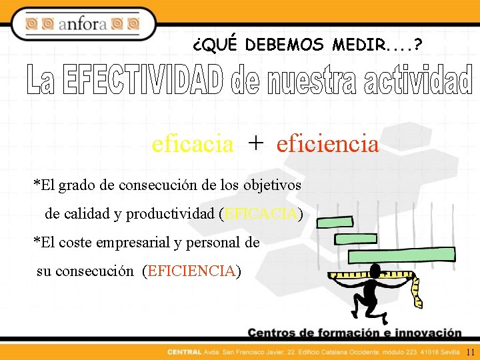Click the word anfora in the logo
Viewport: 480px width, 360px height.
point(83,25)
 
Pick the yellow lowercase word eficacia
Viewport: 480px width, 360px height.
point(192,143)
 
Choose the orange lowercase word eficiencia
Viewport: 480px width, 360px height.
point(327,143)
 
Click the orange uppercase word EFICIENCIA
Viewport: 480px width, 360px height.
point(192,271)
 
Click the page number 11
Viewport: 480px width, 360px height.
point(470,352)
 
